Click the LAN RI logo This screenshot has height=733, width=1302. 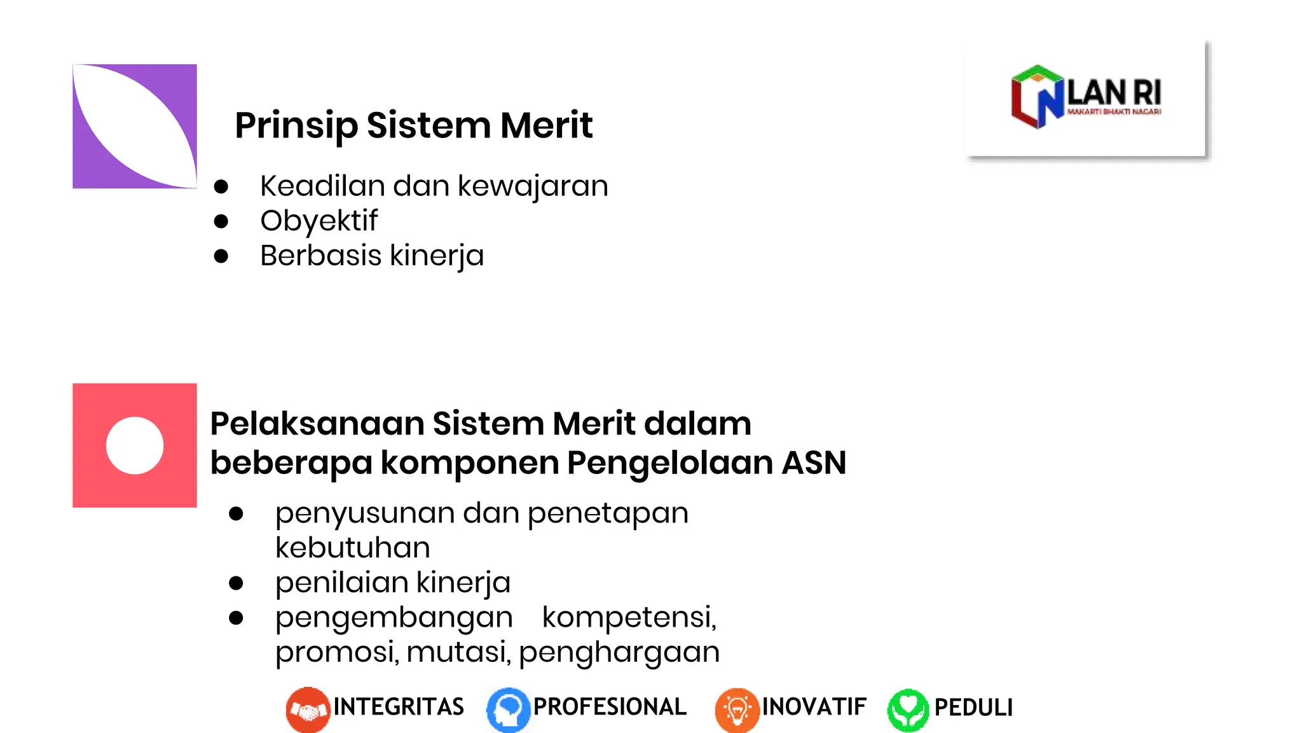point(1086,97)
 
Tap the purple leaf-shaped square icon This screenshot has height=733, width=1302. point(135,126)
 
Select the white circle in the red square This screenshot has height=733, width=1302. point(135,445)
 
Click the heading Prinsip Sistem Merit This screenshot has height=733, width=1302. point(413,125)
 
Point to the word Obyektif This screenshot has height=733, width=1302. point(319,221)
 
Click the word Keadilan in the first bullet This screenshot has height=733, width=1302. point(322,186)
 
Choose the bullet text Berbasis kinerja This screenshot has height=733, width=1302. point(372,256)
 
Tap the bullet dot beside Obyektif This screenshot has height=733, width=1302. point(221,221)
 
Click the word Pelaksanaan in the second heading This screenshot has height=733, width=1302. point(317,424)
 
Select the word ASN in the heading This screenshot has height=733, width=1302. point(814,463)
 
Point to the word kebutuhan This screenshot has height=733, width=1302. point(353,548)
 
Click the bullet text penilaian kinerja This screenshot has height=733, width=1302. point(393,583)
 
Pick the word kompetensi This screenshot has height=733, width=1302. point(629,617)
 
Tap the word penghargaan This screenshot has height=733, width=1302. point(619,652)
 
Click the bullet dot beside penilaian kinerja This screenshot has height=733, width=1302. point(236,583)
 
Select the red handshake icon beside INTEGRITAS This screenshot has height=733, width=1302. point(308,709)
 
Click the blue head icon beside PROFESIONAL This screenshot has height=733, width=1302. point(508,709)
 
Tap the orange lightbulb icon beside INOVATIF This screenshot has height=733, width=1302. point(737,709)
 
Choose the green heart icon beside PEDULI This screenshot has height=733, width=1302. point(908,709)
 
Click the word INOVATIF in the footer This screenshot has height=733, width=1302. point(814,707)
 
